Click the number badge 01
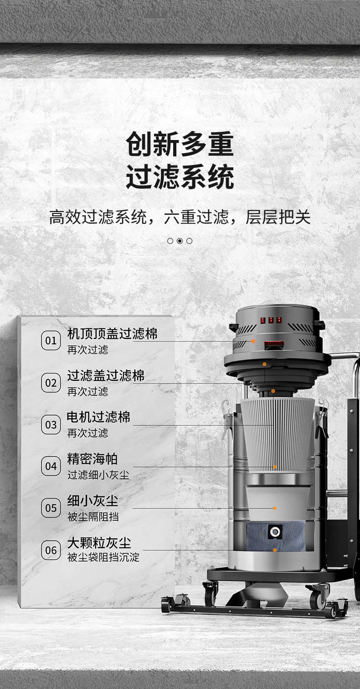tap(51, 341)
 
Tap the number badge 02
tap(51, 383)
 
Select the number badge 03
tap(51, 425)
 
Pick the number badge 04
tap(51, 466)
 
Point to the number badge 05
tap(51, 508)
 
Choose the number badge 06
tap(51, 550)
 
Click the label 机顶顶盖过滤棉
tap(112, 333)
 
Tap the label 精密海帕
tap(92, 459)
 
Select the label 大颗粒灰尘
tap(99, 543)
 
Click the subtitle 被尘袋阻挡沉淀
tap(103, 557)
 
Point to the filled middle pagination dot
tap(180, 241)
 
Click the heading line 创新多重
tap(180, 144)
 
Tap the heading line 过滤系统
tap(180, 176)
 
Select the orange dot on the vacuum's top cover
tap(253, 341)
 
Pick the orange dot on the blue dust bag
tap(274, 550)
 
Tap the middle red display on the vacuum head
tap(271, 320)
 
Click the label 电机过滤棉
tap(98, 417)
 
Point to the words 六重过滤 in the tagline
tap(196, 217)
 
